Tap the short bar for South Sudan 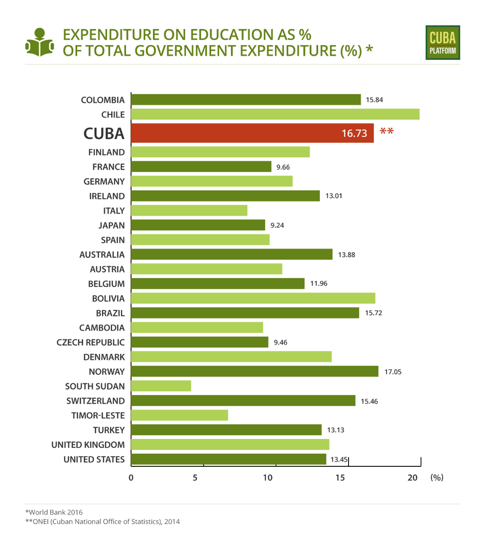coord(161,386)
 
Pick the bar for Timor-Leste coord(179,415)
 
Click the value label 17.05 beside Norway coord(393,371)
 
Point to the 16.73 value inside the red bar coord(354,133)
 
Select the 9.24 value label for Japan coord(277,225)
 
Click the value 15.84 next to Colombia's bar coord(374,100)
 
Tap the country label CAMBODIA coord(102,327)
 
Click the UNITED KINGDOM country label coord(88,444)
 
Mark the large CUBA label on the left coord(104,133)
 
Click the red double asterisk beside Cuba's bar coord(386,132)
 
